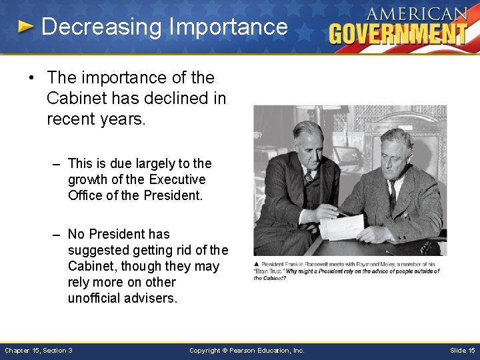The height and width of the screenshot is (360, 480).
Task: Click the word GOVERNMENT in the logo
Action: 398,33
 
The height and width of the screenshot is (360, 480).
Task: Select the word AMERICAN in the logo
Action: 417,14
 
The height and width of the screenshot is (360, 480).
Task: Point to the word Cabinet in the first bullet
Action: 75,99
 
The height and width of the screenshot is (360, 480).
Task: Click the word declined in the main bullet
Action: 176,99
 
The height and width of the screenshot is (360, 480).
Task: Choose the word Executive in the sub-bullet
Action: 177,179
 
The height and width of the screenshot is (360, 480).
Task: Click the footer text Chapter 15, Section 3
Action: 39,350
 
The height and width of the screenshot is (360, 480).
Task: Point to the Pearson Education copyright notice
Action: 247,350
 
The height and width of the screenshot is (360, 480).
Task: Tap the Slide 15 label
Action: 462,350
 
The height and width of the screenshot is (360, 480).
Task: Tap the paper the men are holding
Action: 341,227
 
